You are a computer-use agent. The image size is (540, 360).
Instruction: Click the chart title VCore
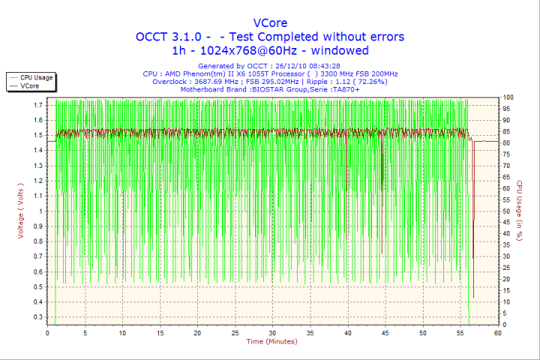click(x=270, y=22)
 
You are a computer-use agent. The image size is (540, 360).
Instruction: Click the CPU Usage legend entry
click(x=36, y=77)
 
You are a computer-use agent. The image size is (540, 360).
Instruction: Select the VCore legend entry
click(x=30, y=86)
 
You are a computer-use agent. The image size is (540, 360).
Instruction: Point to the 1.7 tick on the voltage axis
click(x=37, y=105)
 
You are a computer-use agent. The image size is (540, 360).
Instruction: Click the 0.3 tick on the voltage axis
click(x=37, y=317)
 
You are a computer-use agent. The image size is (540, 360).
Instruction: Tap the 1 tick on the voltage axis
click(x=40, y=211)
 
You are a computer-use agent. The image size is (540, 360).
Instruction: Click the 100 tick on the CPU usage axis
click(x=508, y=97)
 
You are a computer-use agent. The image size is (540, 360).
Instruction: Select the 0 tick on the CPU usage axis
click(x=505, y=325)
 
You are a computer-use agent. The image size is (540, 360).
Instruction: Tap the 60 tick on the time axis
click(x=497, y=333)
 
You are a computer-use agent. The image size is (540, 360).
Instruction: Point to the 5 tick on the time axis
click(x=85, y=333)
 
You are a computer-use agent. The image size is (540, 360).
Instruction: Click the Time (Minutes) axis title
click(x=271, y=342)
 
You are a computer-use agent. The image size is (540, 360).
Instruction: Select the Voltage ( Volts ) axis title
click(x=21, y=211)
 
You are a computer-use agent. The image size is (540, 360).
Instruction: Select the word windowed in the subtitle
click(x=340, y=51)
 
